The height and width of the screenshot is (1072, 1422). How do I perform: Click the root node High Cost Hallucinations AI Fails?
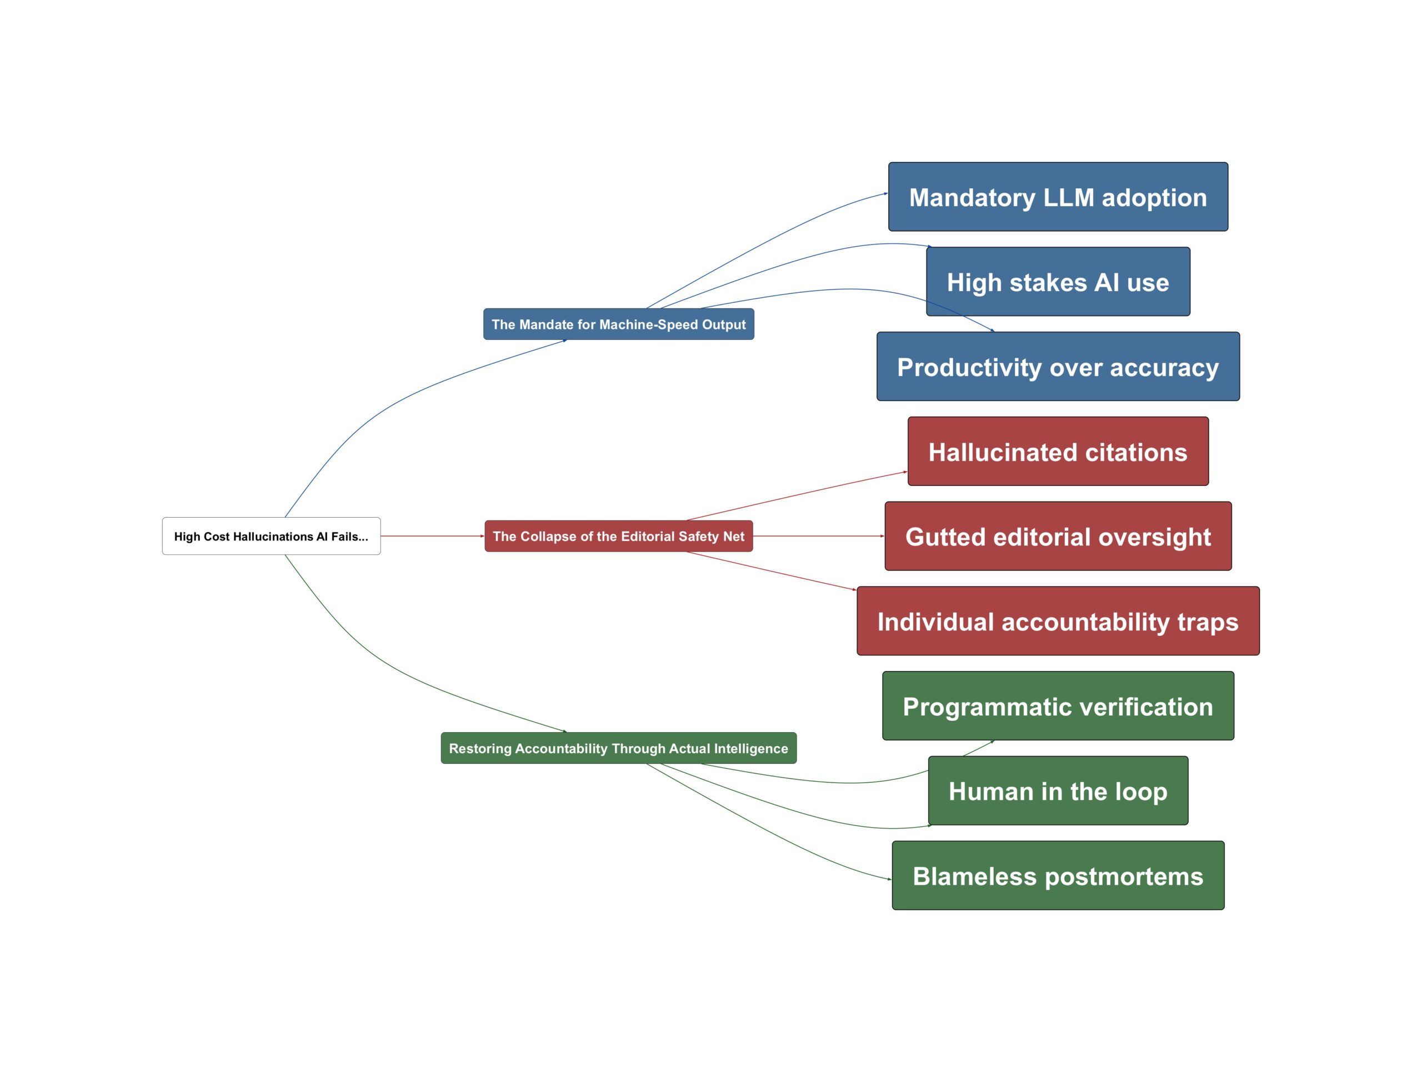(x=271, y=536)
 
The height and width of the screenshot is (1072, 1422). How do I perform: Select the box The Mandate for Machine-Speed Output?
(x=618, y=324)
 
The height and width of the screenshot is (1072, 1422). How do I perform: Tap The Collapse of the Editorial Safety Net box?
(x=618, y=536)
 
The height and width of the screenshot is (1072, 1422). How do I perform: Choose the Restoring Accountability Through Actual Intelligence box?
(x=618, y=748)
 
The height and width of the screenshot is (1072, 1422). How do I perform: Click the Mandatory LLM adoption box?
(x=1058, y=197)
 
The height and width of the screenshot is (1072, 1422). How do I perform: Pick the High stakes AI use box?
(x=1058, y=282)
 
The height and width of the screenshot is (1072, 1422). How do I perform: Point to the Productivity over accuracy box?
(x=1058, y=367)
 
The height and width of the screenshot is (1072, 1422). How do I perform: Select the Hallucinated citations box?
(x=1058, y=451)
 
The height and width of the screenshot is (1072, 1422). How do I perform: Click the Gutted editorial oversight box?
(x=1058, y=536)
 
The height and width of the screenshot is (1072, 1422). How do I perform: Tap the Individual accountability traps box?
(x=1058, y=621)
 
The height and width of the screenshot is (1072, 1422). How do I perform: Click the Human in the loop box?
(x=1058, y=790)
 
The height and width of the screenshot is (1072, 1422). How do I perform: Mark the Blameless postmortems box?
(x=1058, y=875)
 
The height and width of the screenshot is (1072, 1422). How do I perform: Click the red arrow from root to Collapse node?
(x=432, y=536)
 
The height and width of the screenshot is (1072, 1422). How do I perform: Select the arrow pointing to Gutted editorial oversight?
(x=818, y=536)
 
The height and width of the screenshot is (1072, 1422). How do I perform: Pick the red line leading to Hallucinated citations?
(x=797, y=495)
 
